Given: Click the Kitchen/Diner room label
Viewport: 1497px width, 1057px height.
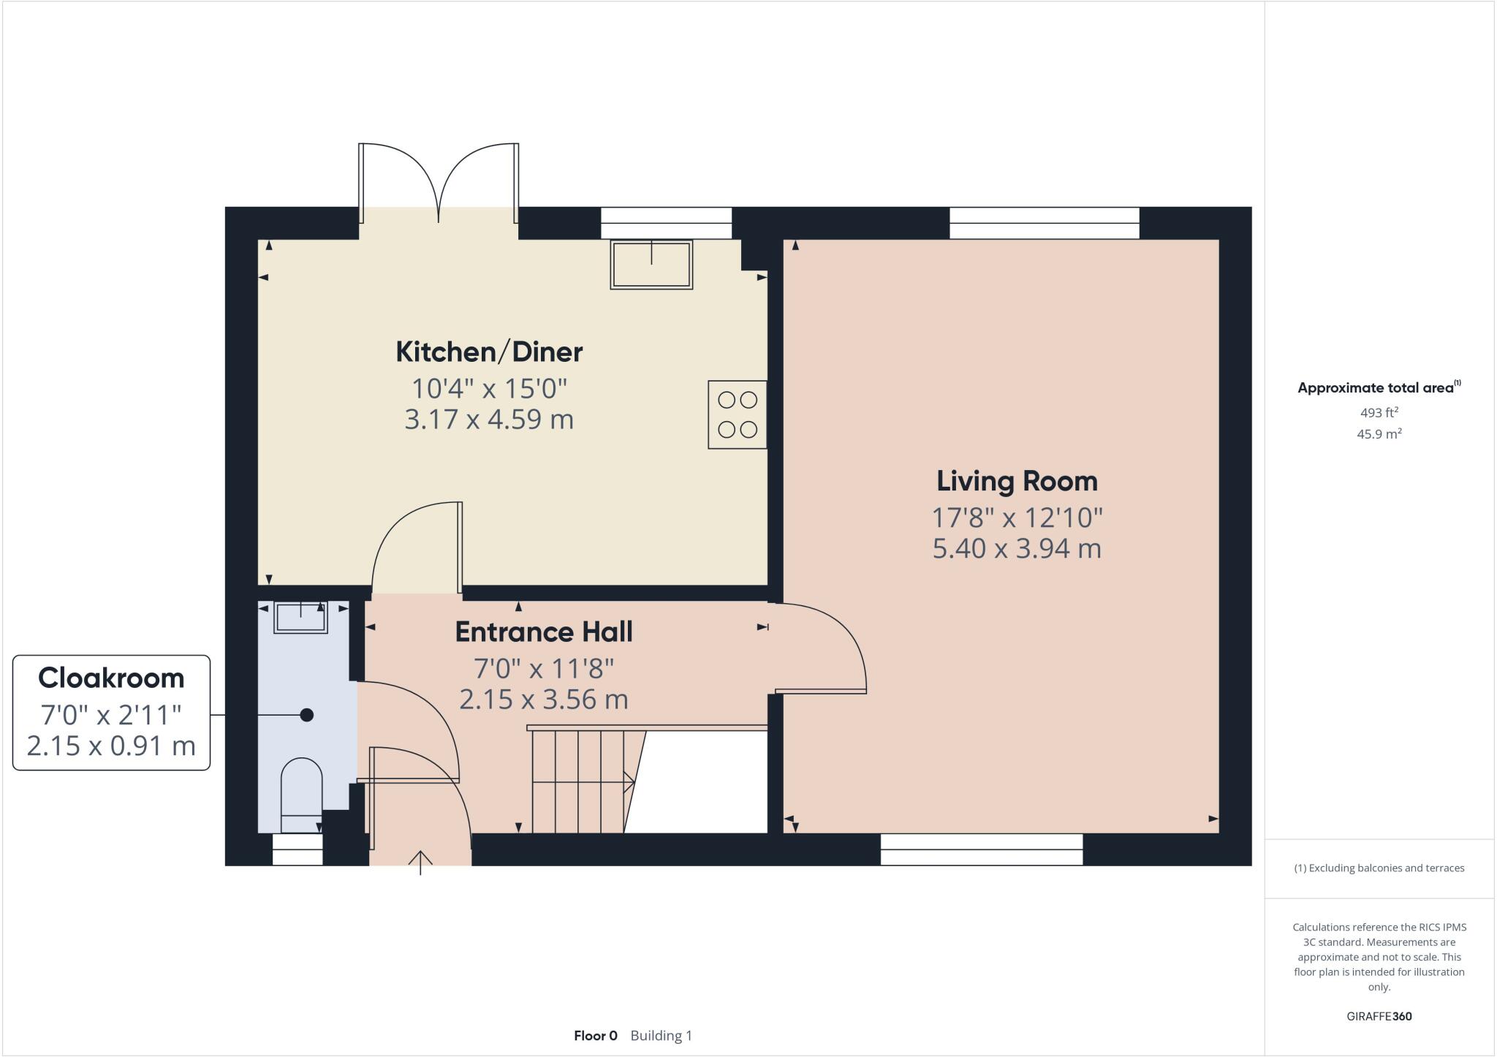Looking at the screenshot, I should [489, 352].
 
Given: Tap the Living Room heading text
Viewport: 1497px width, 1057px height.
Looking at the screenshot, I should [1017, 481].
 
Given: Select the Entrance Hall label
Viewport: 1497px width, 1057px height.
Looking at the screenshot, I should [544, 632].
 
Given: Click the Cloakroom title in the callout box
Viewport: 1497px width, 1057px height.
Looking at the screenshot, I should [111, 678].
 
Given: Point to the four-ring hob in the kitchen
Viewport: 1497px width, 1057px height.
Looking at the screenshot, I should [737, 414].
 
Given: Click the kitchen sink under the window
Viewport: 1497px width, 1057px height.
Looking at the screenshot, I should [651, 264].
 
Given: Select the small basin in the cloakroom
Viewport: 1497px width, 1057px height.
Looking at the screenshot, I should [300, 617].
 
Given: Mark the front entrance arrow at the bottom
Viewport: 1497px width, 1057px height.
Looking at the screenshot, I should [420, 862].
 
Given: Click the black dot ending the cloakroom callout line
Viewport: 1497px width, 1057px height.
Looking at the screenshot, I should [307, 715].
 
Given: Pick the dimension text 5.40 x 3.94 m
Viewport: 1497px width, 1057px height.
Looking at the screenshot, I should [1017, 548].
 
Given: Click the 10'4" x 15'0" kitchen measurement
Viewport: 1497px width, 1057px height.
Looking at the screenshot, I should [489, 387].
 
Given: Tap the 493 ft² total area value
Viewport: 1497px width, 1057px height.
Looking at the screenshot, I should [1379, 412].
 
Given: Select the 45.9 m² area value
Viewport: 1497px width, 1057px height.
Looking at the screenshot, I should [1379, 433].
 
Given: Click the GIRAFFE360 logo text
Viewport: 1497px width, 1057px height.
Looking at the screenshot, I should [1379, 1016].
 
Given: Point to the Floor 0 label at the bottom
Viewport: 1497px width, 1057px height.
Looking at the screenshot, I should [595, 1035].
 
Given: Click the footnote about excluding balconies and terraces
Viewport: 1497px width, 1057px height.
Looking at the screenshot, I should [1379, 868].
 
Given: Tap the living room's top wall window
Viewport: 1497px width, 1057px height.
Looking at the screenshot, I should [1044, 223].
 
